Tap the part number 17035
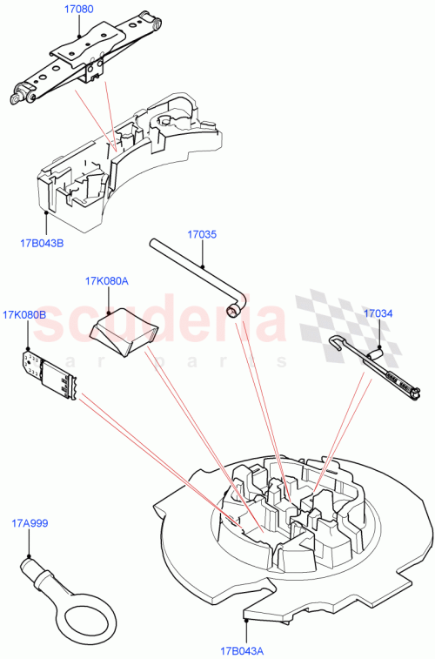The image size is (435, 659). point(202,234)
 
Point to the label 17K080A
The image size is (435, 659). point(107,281)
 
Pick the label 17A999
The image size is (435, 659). point(30,523)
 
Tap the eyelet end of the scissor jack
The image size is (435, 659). point(17,98)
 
